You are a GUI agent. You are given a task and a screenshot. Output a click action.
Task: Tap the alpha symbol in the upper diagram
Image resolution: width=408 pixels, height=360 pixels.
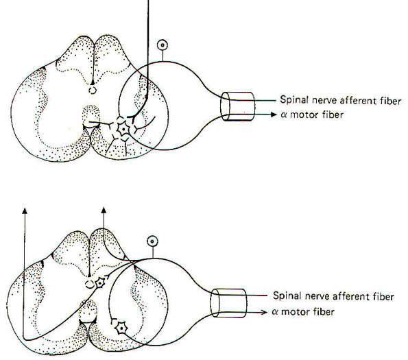click(284, 115)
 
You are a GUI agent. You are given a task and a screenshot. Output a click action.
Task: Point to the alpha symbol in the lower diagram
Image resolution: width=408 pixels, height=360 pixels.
click(275, 311)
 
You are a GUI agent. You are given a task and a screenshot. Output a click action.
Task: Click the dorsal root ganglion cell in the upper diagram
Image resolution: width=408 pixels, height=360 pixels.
click(163, 45)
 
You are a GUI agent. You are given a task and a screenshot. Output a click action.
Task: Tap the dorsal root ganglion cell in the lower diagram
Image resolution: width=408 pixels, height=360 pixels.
click(152, 241)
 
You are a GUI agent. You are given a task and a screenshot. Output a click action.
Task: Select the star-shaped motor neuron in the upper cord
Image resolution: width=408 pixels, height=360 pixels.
click(123, 128)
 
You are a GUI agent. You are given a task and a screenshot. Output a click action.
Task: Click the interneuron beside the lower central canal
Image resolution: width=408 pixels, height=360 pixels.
click(100, 283)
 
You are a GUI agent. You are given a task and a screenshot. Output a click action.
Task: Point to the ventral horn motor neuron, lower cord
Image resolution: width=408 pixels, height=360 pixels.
click(121, 328)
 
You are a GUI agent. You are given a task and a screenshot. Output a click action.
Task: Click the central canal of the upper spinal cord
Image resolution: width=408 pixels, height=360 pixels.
click(93, 91)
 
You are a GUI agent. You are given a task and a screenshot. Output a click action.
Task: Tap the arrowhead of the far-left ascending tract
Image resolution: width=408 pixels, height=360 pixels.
click(25, 211)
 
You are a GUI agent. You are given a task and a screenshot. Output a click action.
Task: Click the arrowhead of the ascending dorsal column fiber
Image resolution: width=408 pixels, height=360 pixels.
click(104, 211)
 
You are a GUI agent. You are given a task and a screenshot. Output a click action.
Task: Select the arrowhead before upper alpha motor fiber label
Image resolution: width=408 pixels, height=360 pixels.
click(273, 115)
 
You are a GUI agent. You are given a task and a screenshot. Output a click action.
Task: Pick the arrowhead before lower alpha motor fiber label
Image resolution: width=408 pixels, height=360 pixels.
click(264, 312)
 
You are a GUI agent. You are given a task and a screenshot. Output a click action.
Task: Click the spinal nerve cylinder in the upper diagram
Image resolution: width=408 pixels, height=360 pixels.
click(237, 106)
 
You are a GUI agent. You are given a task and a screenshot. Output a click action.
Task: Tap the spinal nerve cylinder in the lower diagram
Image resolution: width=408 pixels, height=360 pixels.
click(229, 303)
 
